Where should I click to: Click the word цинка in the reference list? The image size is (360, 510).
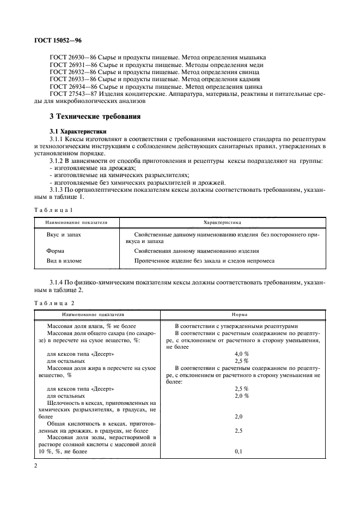coord(249,86)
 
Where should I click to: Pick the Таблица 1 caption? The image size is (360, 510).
coord(53,209)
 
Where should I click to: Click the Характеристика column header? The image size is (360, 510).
coord(222,222)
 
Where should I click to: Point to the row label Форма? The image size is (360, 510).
coord(56,251)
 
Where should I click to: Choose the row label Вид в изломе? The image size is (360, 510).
coord(64,261)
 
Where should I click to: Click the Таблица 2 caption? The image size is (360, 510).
coord(54,302)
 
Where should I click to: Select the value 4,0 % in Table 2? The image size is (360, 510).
coord(241,353)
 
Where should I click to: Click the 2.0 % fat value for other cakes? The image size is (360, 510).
coord(241,396)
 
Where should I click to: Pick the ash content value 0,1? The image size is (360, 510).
coord(238,452)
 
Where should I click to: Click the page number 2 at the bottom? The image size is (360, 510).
coord(35,467)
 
